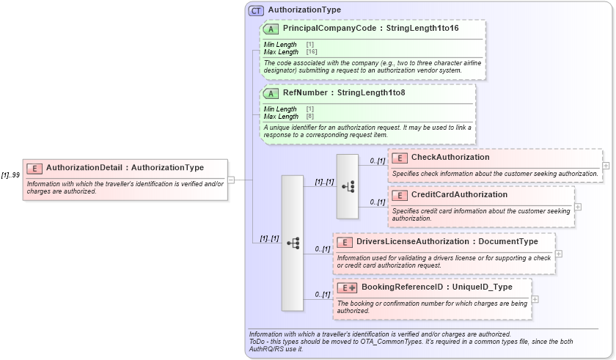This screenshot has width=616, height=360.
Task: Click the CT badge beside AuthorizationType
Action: [x=256, y=10]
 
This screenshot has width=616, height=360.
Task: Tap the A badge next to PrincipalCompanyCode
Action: [x=271, y=29]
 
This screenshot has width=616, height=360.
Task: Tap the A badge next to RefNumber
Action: [x=271, y=93]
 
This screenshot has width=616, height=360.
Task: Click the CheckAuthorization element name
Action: [x=450, y=158]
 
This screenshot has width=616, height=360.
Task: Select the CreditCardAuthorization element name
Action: [x=458, y=195]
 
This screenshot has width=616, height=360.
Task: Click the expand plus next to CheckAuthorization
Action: [x=606, y=166]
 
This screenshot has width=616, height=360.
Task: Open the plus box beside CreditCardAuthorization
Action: [x=578, y=207]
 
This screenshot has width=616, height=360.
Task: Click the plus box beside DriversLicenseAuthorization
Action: [x=559, y=254]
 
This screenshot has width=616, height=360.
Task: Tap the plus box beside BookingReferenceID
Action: [x=535, y=299]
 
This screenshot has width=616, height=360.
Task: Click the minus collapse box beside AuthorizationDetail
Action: [x=231, y=179]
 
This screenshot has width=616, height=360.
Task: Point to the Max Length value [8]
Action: [x=309, y=117]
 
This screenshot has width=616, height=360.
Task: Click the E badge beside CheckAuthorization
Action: [x=400, y=158]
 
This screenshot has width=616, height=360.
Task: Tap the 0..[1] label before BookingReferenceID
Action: [x=322, y=295]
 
